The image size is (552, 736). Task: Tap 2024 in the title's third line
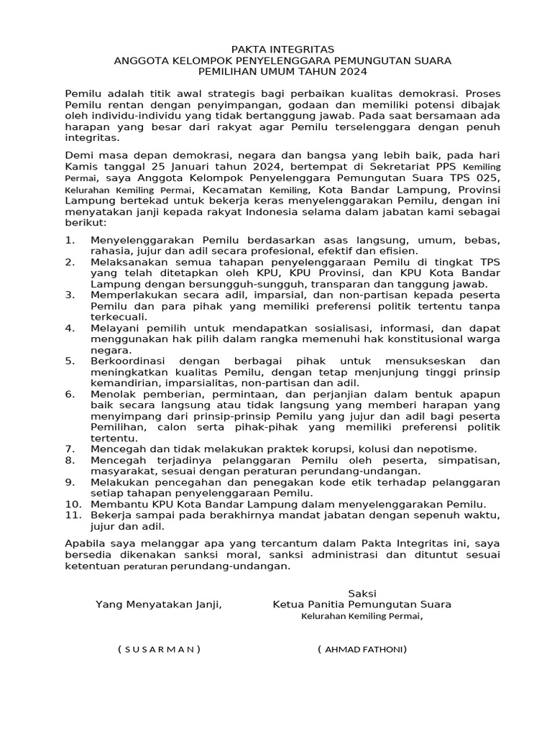coord(353,72)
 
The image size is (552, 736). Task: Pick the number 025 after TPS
coord(486,177)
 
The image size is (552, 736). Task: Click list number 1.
coord(69,240)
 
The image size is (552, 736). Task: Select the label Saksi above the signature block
coord(362,593)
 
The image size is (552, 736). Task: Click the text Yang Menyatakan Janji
coord(159,604)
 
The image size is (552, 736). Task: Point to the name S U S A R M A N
coord(159,649)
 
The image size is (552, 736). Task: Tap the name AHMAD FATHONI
coord(362,649)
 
